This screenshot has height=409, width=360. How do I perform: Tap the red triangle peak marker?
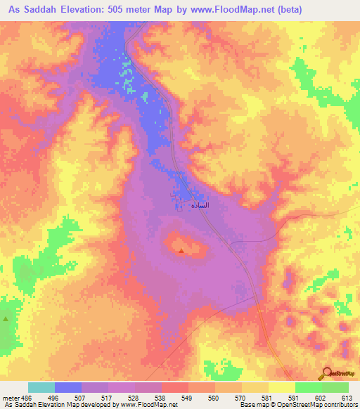(182, 249)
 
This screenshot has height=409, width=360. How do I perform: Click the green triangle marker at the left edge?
(6, 319)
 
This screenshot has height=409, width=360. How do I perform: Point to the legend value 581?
(268, 396)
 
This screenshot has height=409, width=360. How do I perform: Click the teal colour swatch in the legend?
(41, 387)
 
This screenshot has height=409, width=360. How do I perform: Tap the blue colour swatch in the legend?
(68, 387)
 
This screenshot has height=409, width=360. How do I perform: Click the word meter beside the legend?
(11, 396)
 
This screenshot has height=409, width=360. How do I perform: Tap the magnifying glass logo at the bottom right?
(326, 373)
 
